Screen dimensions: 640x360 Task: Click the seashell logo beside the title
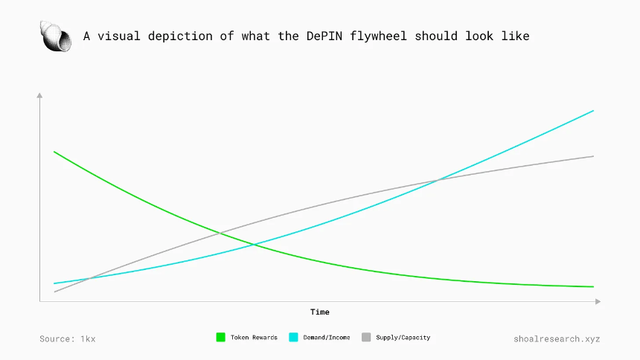[56, 36]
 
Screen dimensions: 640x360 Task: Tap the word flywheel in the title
[378, 36]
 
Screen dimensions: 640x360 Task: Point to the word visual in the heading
[119, 36]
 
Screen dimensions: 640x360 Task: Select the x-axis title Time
[319, 312]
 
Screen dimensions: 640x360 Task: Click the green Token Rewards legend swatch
[220, 337]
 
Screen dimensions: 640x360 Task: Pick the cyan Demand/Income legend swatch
[293, 337]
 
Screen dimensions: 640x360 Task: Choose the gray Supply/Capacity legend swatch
[366, 337]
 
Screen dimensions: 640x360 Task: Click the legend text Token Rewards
[254, 338]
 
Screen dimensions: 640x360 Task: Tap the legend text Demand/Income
[327, 338]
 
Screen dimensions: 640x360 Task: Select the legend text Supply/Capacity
[403, 338]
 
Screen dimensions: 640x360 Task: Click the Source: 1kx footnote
[67, 338]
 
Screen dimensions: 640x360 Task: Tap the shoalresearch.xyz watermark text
[557, 338]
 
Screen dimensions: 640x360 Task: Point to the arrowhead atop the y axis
[39, 95]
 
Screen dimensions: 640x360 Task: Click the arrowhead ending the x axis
[598, 302]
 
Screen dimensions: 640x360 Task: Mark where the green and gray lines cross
[220, 233]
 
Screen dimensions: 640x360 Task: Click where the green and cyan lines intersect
[254, 245]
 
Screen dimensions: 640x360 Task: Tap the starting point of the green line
[54, 152]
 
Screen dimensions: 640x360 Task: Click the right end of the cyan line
[593, 111]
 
